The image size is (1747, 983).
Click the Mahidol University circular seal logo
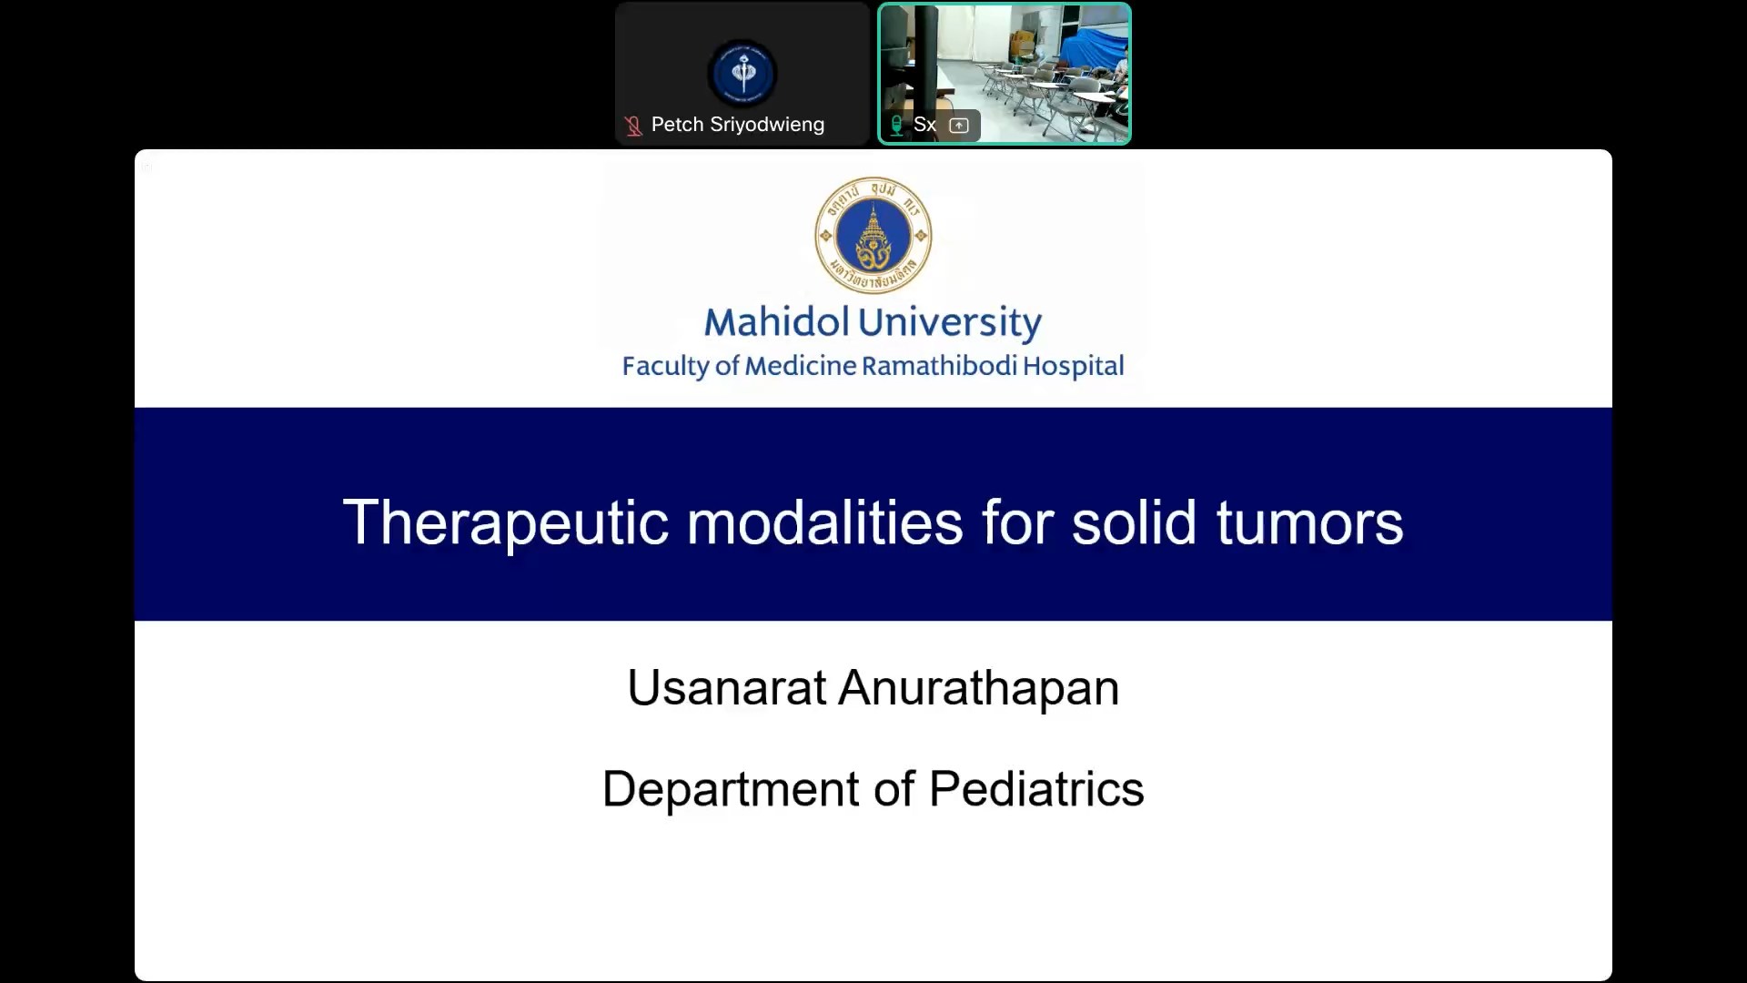click(x=873, y=235)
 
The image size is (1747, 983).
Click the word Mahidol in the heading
click(x=776, y=322)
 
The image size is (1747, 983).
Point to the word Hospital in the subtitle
click(x=1074, y=367)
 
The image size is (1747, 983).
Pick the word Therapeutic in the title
click(x=506, y=523)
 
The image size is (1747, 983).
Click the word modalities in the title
click(x=824, y=522)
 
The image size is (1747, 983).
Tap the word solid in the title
click(x=1134, y=522)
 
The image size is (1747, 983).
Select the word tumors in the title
click(x=1310, y=524)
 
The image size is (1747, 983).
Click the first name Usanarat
click(x=727, y=687)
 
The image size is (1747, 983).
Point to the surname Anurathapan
click(x=979, y=689)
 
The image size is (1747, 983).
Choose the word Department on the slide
click(x=731, y=789)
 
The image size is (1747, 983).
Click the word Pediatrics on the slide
click(x=1036, y=788)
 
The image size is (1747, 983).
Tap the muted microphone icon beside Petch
click(x=633, y=126)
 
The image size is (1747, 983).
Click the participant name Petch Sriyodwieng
click(x=738, y=125)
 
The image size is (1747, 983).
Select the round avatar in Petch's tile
click(x=742, y=74)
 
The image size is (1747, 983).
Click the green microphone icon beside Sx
click(x=896, y=126)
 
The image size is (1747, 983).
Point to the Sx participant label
click(x=924, y=125)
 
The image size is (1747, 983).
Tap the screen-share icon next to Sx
click(x=959, y=126)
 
